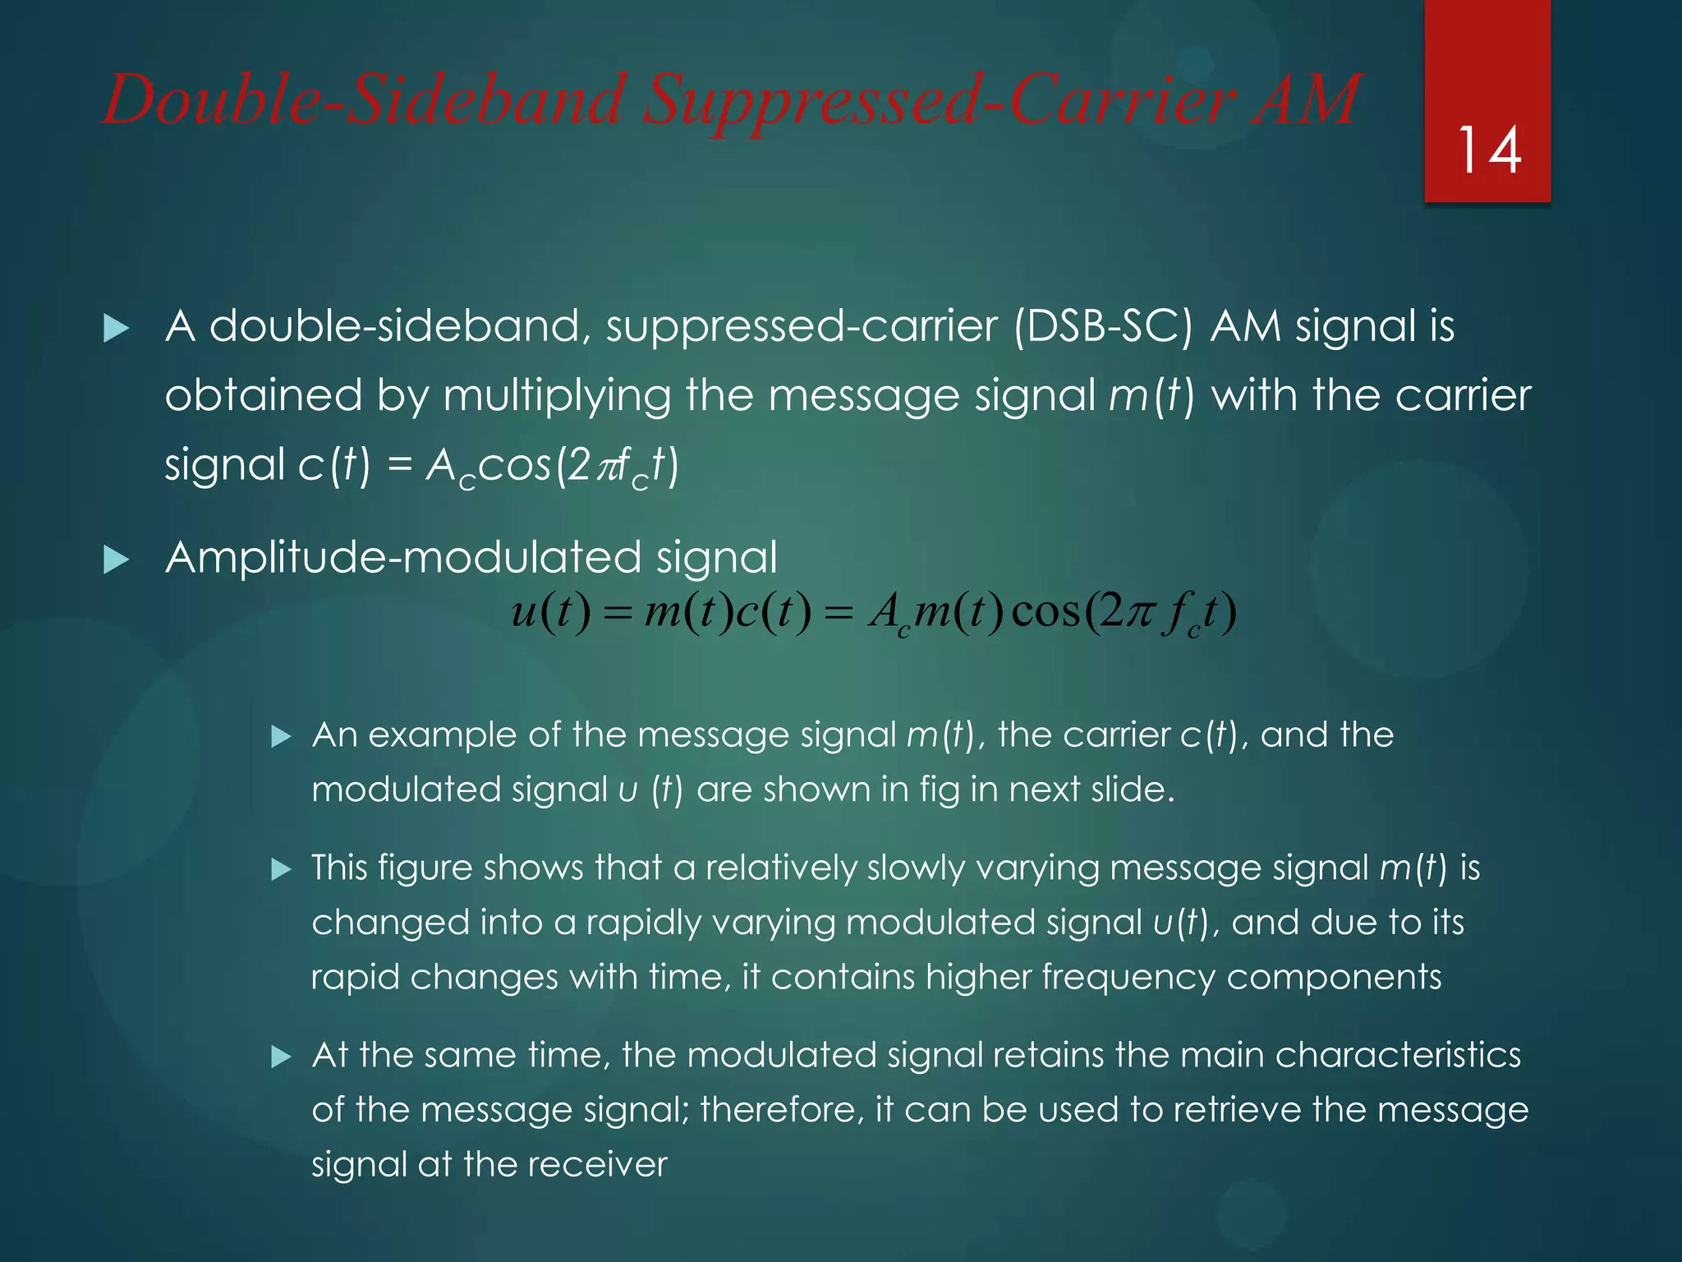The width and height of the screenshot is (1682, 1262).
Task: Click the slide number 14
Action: point(1488,151)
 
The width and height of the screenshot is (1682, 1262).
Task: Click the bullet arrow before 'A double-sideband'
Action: point(117,329)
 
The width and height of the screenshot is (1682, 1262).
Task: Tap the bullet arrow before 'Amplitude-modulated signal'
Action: point(117,561)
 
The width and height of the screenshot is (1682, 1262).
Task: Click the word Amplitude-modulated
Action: point(402,558)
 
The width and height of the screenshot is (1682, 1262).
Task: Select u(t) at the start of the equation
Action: point(549,612)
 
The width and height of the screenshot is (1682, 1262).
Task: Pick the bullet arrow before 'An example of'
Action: point(281,736)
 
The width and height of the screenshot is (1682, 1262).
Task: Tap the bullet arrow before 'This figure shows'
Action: point(281,869)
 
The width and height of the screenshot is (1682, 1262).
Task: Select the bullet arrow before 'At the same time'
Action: point(281,1057)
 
